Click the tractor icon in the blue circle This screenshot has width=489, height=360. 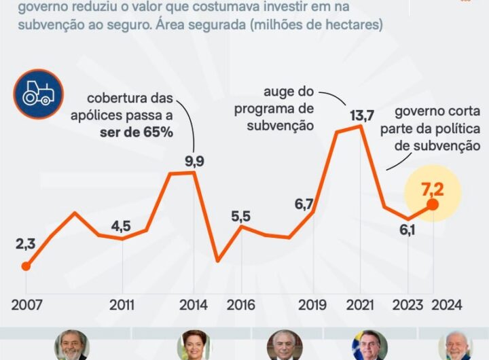(37, 94)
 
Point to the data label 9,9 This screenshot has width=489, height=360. (194, 162)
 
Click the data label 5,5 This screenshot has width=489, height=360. (241, 216)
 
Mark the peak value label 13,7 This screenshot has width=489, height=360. (361, 115)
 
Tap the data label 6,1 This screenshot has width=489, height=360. (407, 230)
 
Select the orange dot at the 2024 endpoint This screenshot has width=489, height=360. (433, 204)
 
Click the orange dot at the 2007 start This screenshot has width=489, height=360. (26, 266)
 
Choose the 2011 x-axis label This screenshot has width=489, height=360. (122, 306)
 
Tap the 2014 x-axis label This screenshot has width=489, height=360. (194, 306)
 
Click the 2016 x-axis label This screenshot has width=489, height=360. (241, 306)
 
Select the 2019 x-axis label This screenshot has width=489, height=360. (313, 306)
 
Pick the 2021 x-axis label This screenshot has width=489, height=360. (361, 306)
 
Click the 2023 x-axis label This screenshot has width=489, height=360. (409, 306)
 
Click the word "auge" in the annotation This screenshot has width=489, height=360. (278, 91)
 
